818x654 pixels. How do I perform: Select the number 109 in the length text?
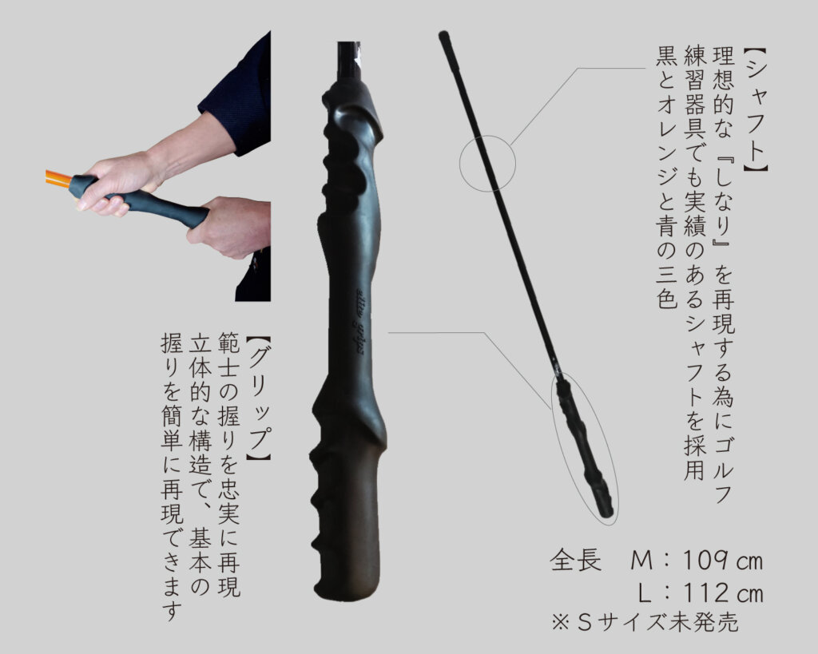pos(705,561)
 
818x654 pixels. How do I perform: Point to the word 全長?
pos(575,561)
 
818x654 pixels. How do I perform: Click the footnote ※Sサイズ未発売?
pos(645,621)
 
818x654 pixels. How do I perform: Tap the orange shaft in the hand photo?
pos(58,178)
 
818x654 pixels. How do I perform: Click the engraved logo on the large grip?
pos(359,318)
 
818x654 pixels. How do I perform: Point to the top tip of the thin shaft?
pos(443,34)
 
